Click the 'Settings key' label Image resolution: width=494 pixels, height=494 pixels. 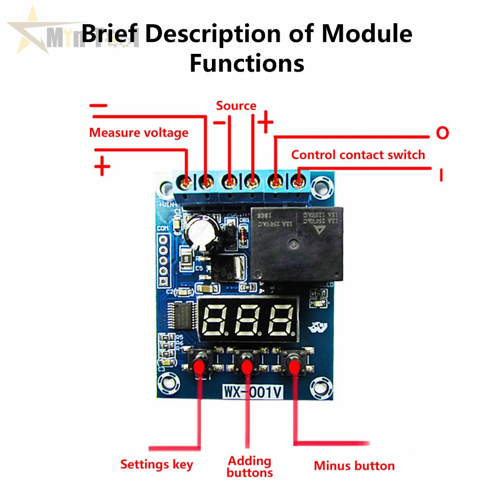157,464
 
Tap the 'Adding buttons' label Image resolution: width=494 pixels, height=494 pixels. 250,467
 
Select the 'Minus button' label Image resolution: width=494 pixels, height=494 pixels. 354,465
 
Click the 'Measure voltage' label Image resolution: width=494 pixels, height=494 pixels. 139,132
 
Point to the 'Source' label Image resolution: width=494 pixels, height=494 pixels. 236,106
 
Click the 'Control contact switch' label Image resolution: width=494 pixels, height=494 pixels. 358,155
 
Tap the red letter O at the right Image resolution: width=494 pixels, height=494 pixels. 442,133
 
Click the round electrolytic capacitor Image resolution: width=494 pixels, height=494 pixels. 200,231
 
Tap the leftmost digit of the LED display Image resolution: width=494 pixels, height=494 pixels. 215,320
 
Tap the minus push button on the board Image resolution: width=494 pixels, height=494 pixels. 294,366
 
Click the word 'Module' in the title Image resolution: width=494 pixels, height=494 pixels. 367,34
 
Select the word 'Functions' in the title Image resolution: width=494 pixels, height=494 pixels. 247,63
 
